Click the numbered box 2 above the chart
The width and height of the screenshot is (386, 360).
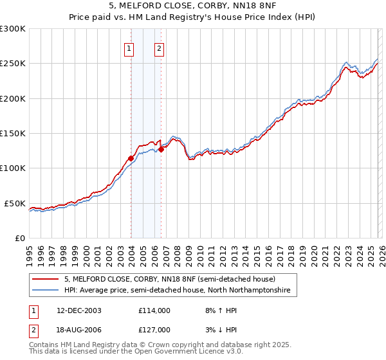pyautogui.click(x=159, y=48)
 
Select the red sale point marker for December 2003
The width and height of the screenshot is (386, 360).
pyautogui.click(x=131, y=158)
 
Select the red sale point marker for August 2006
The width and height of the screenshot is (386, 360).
pyautogui.click(x=161, y=149)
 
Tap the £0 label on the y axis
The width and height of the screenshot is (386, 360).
pyautogui.click(x=19, y=238)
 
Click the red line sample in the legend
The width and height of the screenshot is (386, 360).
pyautogui.click(x=45, y=279)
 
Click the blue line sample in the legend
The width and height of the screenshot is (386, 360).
pyautogui.click(x=45, y=291)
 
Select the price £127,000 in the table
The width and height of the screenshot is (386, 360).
pyautogui.click(x=154, y=329)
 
